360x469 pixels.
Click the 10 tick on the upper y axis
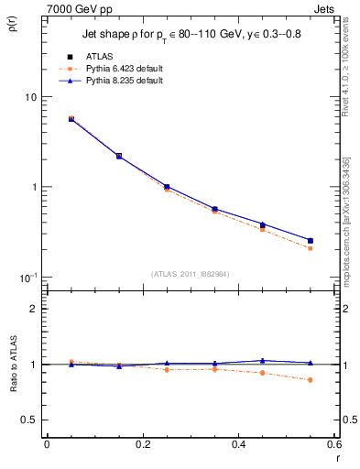pos(29,97)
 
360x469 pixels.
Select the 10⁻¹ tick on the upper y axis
pos(27,278)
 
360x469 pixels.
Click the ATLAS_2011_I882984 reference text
pos(190,273)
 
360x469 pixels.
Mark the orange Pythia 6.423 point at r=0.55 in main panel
pos(311,248)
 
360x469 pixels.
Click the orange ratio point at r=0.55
pos(311,380)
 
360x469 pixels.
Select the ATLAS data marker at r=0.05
pos(71,119)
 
